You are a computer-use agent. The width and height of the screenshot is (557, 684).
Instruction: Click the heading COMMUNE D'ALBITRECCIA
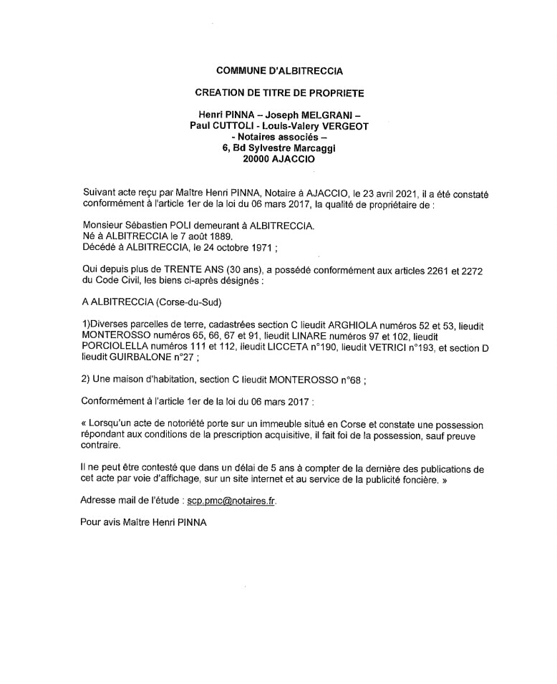coord(279,70)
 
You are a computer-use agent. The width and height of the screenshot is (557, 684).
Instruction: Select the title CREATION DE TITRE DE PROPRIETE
coord(279,93)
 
